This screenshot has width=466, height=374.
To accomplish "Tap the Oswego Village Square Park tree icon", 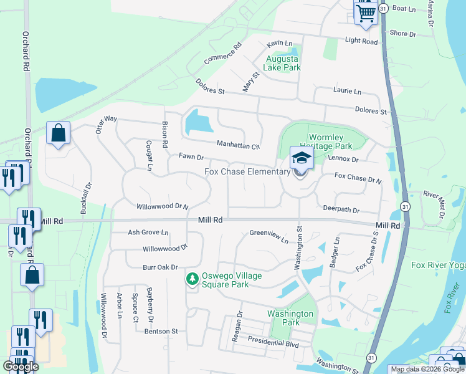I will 192,279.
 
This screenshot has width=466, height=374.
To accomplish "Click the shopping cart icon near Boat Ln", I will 366,12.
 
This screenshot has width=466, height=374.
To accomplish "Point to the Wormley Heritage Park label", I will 330,141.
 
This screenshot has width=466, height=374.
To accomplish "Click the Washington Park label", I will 290,318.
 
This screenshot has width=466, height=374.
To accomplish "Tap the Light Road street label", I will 362,42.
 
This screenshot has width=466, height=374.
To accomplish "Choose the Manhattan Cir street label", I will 238,145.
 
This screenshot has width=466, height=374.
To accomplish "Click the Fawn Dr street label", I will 191,156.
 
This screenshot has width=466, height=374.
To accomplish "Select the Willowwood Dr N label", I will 162,206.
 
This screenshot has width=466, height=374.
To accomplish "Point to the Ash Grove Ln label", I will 148,233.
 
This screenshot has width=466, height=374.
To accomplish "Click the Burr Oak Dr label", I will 160,267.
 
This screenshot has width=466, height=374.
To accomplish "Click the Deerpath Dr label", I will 341,209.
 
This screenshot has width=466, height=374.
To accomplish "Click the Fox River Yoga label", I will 438,265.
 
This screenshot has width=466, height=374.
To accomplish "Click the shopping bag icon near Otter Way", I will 58,133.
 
